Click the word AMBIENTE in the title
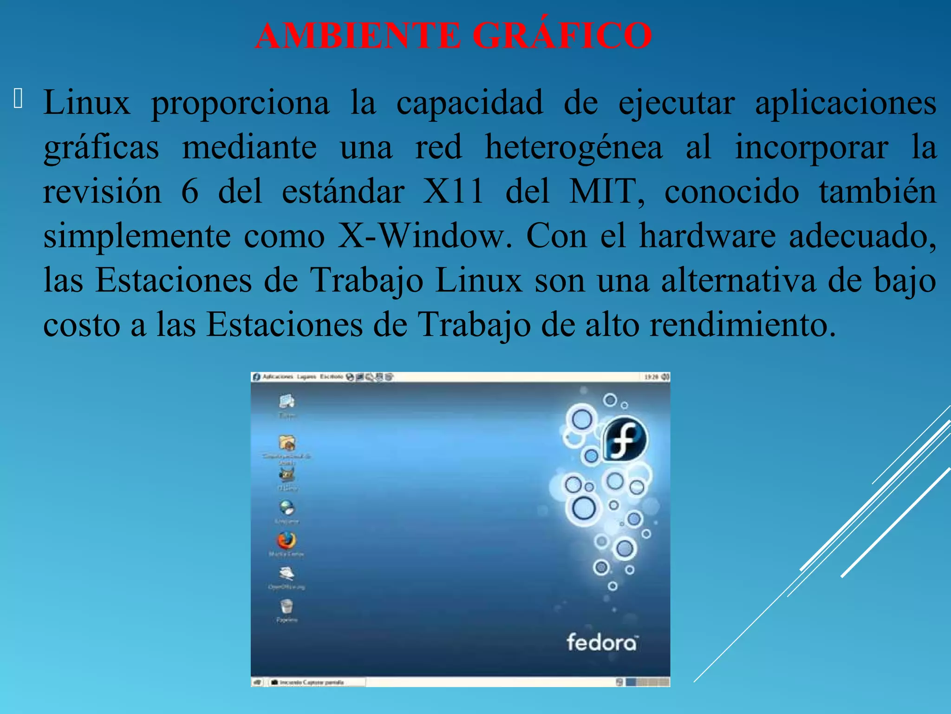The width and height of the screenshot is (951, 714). coord(358,35)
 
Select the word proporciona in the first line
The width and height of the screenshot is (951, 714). coord(240,103)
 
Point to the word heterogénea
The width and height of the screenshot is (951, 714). coord(573,147)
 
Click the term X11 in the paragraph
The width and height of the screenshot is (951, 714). coord(453,192)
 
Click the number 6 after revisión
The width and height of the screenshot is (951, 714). coord(189,192)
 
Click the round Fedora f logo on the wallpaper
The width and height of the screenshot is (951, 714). coord(625,439)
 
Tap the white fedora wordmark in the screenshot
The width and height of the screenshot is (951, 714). coord(602,642)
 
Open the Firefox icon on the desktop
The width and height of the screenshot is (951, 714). coord(287,541)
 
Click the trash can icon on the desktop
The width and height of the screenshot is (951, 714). coord(287,606)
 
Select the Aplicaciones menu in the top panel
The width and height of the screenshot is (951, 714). coord(278,377)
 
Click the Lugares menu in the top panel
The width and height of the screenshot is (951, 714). coord(306,377)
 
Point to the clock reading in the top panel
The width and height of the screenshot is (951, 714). coord(651,377)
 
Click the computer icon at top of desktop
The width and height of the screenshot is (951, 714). coord(287,401)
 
